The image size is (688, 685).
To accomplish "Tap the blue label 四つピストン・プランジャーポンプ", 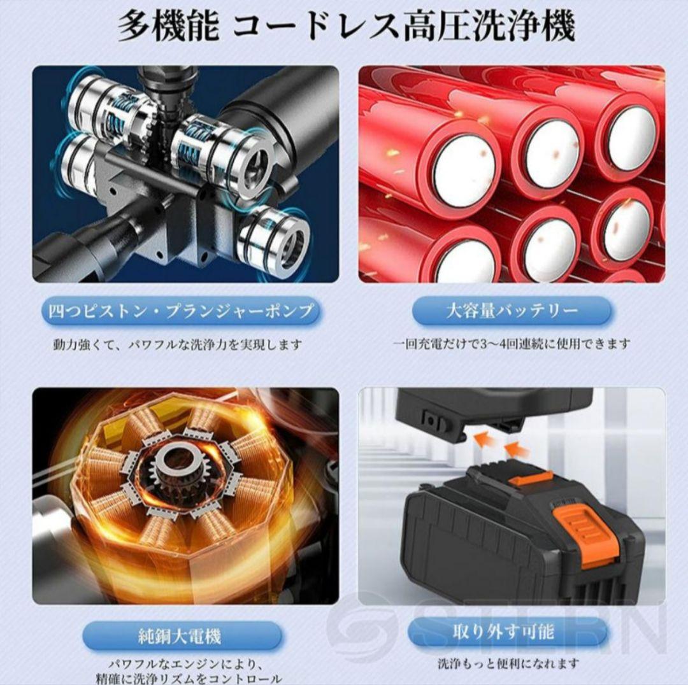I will tap(182, 311).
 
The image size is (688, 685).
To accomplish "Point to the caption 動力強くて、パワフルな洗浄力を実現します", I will tap(177, 345).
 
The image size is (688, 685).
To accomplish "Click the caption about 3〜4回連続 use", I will tap(512, 344).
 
